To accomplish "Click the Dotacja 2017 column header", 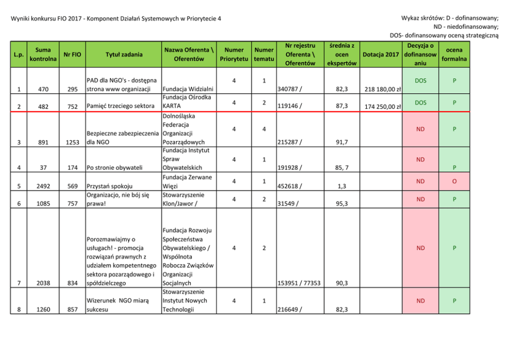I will (380, 54).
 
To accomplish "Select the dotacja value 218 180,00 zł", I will (382, 89).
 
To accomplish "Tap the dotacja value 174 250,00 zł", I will (382, 107).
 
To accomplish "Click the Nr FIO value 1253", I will (72, 142).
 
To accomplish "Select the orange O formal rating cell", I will (454, 182).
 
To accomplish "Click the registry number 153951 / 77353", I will (298, 283).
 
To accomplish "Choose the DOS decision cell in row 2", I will (420, 103).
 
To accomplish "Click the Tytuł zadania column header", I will (124, 54).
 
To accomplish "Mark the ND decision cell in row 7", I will (420, 248).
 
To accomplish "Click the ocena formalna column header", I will (454, 54).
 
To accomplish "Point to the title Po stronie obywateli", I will (114, 167).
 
